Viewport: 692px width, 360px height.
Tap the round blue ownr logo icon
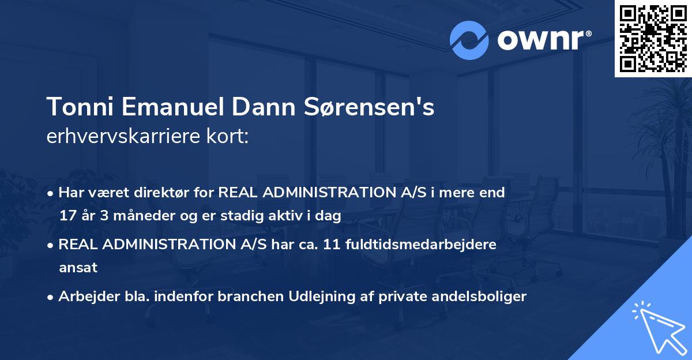469,40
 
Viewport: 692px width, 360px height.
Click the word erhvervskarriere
118,137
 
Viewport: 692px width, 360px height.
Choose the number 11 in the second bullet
328,245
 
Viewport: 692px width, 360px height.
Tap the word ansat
78,268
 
